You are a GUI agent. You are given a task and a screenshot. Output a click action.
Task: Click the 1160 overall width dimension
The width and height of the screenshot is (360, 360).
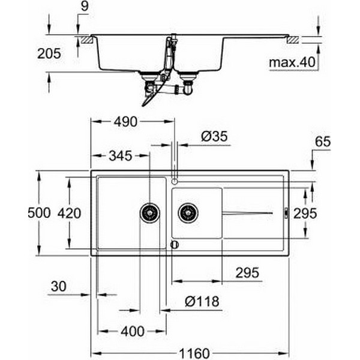tap(194, 353)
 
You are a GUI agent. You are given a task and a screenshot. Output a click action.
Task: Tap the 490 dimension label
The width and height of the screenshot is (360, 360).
tap(125, 122)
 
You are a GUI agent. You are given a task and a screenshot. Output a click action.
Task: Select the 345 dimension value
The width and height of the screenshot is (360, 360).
tap(121, 156)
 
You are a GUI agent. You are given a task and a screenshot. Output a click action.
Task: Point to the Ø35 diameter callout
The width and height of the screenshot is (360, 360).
tap(214, 136)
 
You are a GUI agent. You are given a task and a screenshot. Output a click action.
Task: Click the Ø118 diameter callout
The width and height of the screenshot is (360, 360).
tap(202, 301)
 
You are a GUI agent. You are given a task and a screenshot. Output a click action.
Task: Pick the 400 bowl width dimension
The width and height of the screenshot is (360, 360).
tap(133, 331)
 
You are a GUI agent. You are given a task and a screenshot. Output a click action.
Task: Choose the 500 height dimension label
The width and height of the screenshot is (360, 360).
tap(39, 213)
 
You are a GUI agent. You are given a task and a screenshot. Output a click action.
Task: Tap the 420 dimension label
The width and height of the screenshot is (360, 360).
tap(69, 213)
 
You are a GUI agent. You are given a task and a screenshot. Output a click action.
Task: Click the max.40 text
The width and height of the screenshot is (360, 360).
tap(292, 62)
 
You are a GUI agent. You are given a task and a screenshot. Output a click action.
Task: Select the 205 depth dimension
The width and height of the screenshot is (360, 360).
tap(49, 54)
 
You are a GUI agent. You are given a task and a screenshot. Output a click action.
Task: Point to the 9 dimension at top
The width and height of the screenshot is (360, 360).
tap(85, 6)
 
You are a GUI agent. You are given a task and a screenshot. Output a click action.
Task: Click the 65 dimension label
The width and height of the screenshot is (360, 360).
tap(323, 142)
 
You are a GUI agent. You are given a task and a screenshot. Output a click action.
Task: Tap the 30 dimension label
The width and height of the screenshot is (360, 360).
tap(59, 287)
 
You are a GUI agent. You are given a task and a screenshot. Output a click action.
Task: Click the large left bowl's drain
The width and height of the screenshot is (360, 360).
tap(150, 213)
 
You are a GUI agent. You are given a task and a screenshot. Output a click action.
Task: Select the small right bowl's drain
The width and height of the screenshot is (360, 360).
tap(188, 213)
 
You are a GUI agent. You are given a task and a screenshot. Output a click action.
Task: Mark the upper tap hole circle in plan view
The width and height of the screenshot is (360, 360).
tap(175, 181)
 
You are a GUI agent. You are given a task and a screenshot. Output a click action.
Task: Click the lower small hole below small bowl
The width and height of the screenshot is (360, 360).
tap(175, 245)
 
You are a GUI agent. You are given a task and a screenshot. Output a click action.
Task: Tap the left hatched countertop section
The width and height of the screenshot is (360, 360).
tap(87, 40)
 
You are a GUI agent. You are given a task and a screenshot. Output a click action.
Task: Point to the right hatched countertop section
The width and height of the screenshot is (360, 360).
tap(293, 40)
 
